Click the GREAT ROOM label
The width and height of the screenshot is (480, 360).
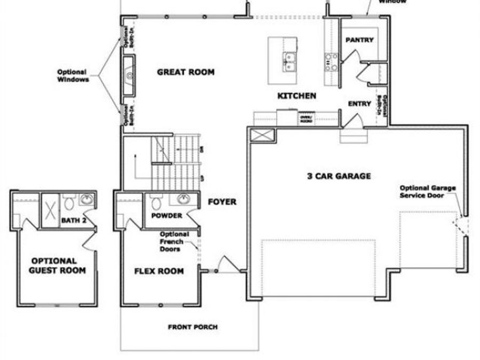tap(186, 72)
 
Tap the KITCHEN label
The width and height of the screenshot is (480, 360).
tap(297, 96)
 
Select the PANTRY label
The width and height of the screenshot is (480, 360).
tap(359, 40)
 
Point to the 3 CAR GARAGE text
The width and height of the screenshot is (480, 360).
tap(339, 176)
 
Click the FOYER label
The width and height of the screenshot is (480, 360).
tap(222, 202)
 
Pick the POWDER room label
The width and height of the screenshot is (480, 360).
tap(167, 216)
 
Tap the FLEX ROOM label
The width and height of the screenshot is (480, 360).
tap(159, 271)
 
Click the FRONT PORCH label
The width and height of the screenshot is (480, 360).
tap(193, 327)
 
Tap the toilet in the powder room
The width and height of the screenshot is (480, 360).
tap(156, 203)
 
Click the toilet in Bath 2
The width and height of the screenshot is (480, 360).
tap(68, 203)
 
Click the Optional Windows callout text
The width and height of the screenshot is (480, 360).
tap(74, 76)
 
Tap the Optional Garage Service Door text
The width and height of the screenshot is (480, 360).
tap(424, 191)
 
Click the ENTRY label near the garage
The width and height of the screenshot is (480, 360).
tap(359, 104)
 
